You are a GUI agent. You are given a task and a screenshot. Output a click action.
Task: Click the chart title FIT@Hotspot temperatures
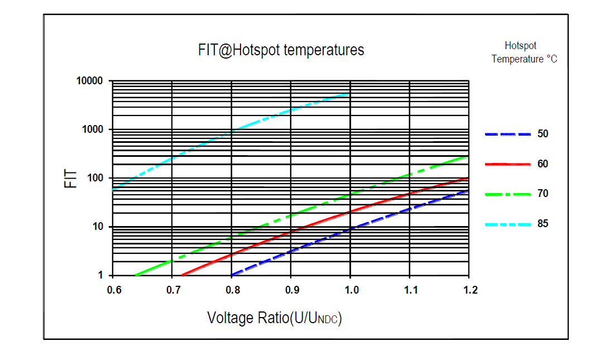(281, 50)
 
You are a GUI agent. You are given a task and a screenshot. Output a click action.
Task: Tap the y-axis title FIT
(71, 178)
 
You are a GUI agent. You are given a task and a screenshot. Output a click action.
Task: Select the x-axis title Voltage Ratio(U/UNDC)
(274, 318)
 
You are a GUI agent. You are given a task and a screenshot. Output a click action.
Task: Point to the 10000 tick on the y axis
(89, 81)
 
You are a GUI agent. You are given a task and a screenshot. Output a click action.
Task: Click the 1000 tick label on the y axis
(92, 129)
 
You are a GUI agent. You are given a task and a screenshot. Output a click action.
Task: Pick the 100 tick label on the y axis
(95, 178)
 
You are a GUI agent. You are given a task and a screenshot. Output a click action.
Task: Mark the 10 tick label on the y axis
(98, 227)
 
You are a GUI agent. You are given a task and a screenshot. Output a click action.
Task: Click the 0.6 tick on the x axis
(113, 290)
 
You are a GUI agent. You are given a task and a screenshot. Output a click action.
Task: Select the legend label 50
(543, 134)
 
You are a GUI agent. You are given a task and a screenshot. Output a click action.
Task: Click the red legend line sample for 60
(507, 164)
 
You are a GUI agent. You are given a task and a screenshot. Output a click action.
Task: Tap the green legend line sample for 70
(507, 194)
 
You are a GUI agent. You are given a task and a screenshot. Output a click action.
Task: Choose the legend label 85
(543, 224)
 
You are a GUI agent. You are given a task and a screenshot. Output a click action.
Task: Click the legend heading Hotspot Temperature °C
(524, 52)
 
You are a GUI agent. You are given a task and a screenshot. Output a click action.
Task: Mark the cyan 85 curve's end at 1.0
(349, 94)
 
